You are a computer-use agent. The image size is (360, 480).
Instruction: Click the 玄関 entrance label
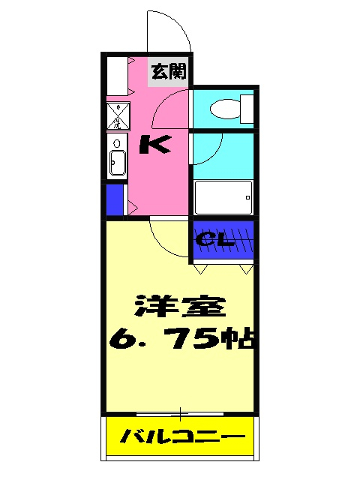click(167, 73)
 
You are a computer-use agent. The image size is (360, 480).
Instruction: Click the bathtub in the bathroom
click(223, 198)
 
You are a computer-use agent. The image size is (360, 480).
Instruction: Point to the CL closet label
click(217, 241)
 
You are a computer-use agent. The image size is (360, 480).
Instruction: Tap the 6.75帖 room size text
click(184, 341)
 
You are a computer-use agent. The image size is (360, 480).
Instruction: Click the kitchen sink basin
click(118, 163)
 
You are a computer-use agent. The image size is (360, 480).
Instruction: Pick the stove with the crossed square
click(118, 116)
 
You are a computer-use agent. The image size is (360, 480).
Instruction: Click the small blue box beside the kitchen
click(115, 199)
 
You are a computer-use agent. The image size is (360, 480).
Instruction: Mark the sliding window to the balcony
click(180, 413)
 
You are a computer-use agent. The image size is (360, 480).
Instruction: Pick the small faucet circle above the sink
click(117, 143)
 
